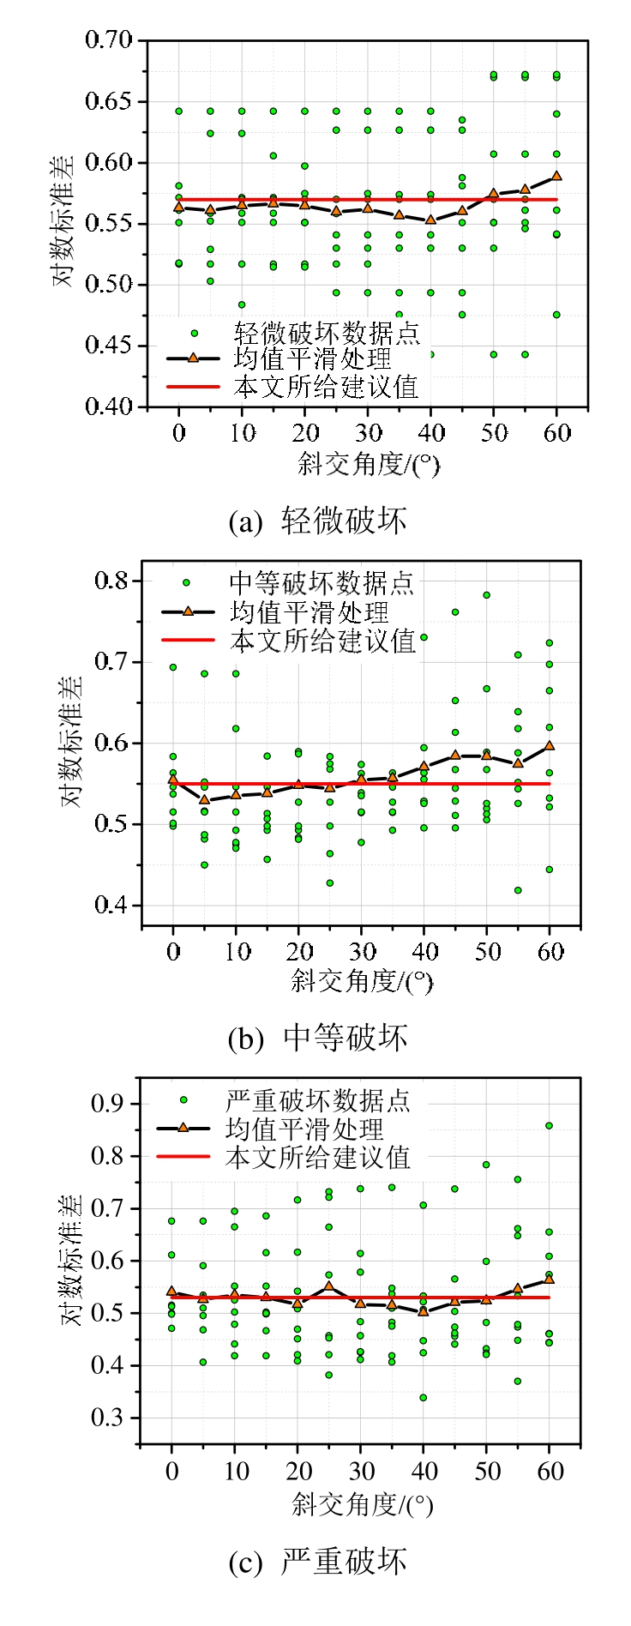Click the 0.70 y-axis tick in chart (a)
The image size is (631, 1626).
[x=109, y=40]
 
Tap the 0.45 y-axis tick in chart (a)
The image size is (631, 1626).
[x=109, y=346]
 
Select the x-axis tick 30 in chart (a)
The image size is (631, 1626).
[x=368, y=433]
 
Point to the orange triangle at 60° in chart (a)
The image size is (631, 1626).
[x=556, y=175]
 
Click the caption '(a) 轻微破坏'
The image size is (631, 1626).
[x=317, y=521]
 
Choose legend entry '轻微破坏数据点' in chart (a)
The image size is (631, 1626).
[x=327, y=332]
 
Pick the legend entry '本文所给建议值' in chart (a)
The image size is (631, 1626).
[x=327, y=387]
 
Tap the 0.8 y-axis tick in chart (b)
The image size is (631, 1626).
[x=111, y=581]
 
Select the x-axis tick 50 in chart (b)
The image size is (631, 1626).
[x=487, y=951]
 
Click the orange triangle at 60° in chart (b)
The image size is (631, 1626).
[x=550, y=745]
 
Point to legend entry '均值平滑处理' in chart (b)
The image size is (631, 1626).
[x=309, y=612]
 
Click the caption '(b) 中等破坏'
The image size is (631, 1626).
[x=317, y=1038]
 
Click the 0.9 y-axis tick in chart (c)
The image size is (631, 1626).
[x=108, y=1103]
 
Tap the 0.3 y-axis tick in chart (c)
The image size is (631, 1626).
[x=108, y=1418]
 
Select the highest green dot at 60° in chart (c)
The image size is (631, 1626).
[x=550, y=1125]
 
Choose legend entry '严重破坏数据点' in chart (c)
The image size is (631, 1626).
[x=317, y=1100]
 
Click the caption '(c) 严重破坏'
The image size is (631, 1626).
[x=317, y=1562]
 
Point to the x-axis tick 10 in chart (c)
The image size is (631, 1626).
[x=236, y=1472]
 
